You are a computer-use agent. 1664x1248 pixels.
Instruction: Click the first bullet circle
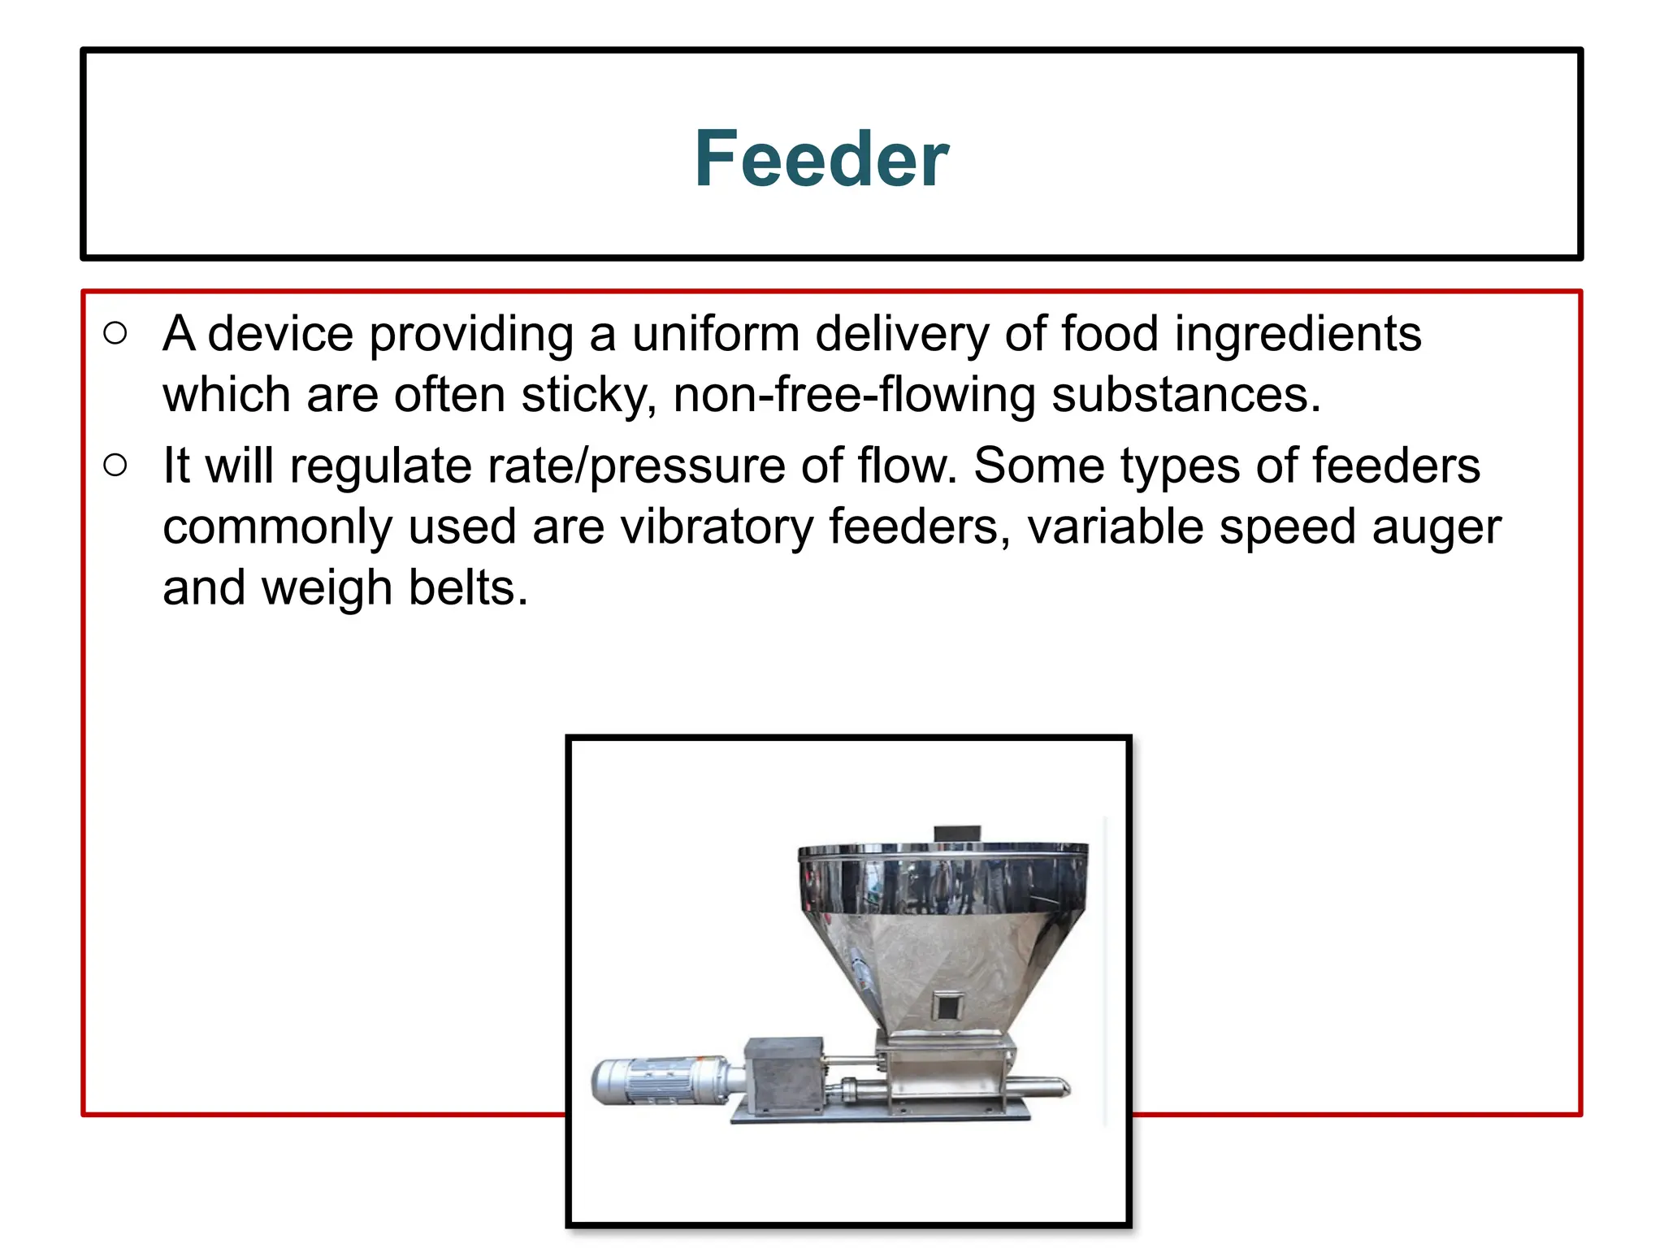point(115,333)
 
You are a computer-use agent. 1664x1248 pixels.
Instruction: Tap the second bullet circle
point(115,465)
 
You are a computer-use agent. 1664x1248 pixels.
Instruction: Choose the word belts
point(467,588)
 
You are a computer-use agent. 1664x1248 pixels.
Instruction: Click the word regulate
point(379,467)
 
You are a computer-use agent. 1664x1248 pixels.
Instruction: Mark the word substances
point(1185,396)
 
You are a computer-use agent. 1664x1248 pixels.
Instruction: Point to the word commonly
point(277,528)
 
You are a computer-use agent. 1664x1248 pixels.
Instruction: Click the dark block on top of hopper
point(956,834)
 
